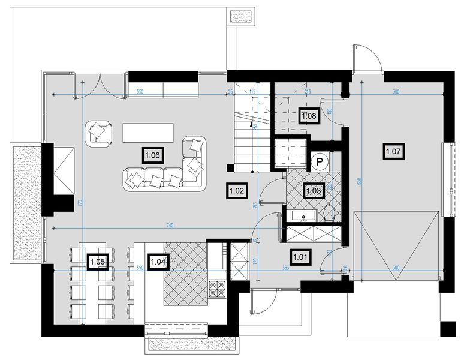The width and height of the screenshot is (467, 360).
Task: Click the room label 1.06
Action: pos(152,155)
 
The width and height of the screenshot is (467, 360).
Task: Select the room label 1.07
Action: pos(393,151)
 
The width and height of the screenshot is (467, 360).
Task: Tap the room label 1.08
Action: pos(309,115)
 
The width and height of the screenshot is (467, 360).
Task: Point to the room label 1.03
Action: pos(314,191)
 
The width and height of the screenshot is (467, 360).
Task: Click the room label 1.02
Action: pos(236,191)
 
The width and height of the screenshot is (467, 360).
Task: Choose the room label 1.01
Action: pos(300,257)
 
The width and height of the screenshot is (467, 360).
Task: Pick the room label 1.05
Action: pos(98,262)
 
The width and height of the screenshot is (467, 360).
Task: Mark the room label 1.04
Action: pos(158,262)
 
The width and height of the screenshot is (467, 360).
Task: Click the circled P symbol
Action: pos(320,161)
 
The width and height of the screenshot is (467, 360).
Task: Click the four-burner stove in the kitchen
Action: pos(216,287)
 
